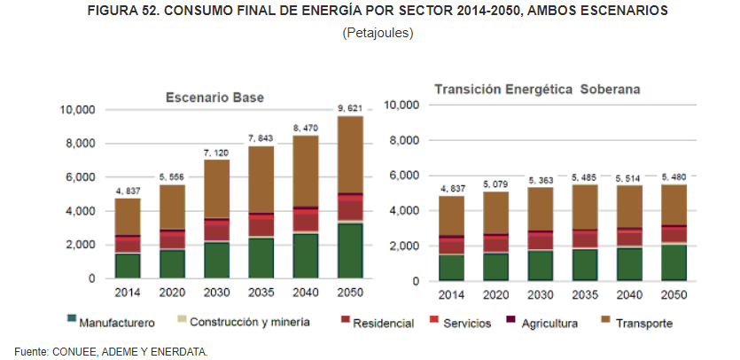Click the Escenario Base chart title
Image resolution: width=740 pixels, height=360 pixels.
coord(214,97)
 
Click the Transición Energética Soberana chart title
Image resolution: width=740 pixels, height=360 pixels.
coord(537,90)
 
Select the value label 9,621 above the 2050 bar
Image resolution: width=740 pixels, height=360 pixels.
coord(349,108)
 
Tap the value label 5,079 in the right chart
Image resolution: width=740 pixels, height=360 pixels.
coord(496,184)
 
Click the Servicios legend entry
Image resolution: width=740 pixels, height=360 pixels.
coord(465,323)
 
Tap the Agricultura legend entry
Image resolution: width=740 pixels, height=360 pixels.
coord(550,323)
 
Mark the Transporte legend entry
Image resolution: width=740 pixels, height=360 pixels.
coord(641,323)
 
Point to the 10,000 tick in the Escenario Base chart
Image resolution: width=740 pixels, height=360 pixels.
coord(76,110)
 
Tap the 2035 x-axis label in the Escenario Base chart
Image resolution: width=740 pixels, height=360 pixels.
coord(260,292)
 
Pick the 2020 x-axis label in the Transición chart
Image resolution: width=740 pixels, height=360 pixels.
coord(496,294)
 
